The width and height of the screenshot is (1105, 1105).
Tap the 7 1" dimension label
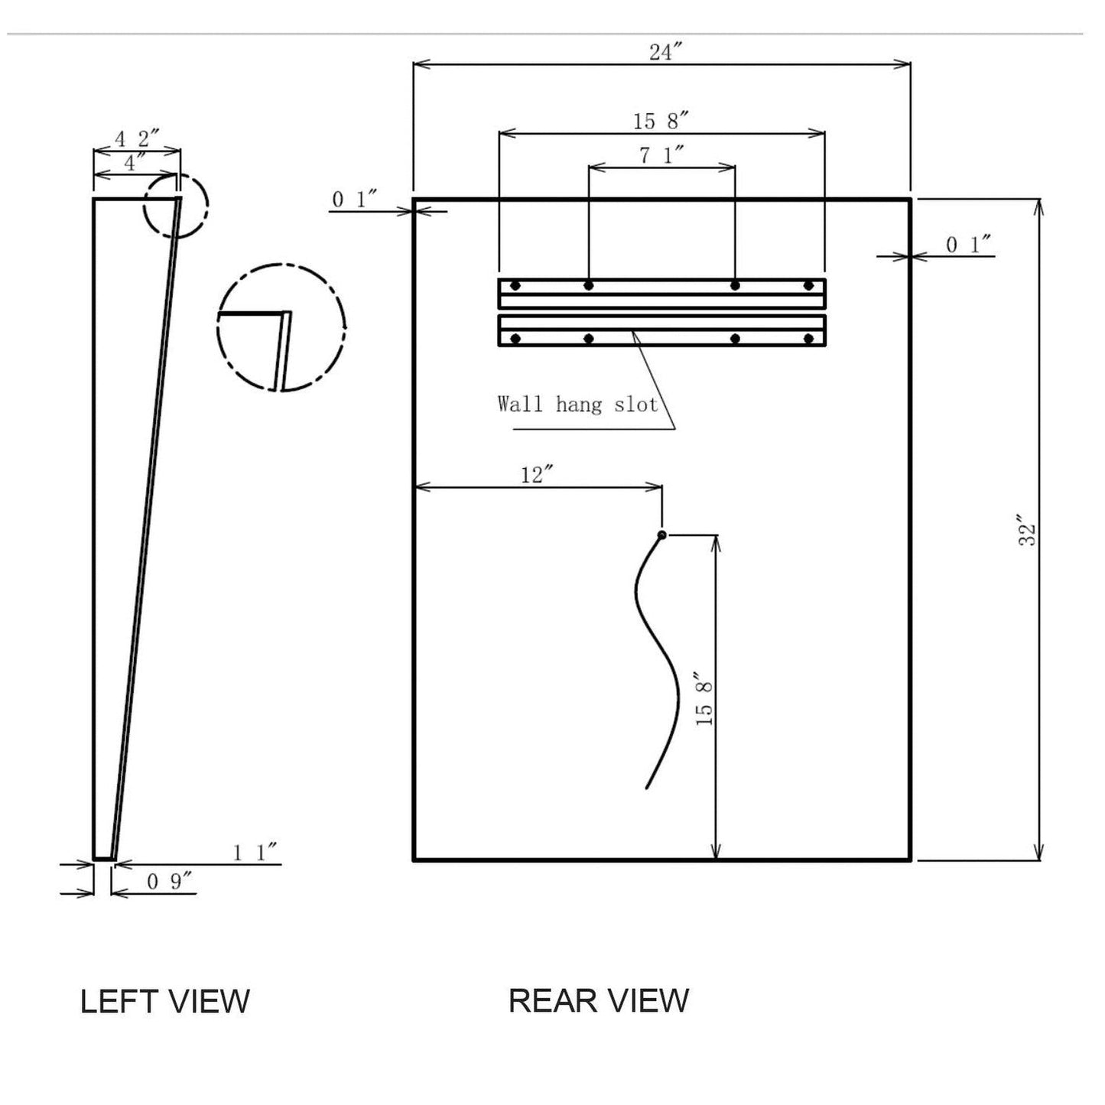(x=661, y=155)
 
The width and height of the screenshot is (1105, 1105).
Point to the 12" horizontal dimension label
(x=537, y=475)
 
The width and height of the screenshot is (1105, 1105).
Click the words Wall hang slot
(x=577, y=404)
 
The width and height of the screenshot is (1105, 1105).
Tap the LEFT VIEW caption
(x=165, y=1001)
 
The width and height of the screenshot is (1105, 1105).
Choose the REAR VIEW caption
(x=599, y=1000)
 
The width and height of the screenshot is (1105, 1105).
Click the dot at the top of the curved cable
(x=662, y=535)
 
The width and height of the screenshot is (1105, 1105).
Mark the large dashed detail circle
(x=281, y=327)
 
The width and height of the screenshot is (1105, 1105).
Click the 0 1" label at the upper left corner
(x=355, y=200)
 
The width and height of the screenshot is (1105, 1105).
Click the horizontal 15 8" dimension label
(x=661, y=121)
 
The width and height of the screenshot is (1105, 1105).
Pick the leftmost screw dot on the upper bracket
(x=515, y=286)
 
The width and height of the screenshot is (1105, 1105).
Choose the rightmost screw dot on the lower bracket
(x=808, y=338)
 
